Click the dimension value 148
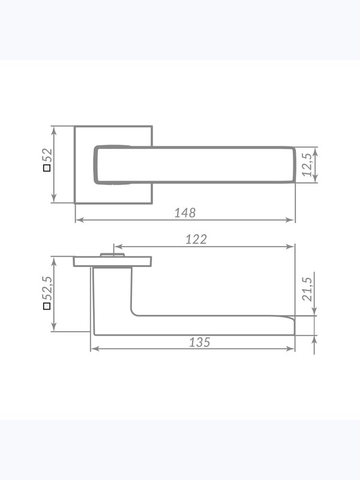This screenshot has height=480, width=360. [x=185, y=213]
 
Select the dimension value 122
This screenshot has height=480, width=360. [x=196, y=239]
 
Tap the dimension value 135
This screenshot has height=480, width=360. [x=200, y=342]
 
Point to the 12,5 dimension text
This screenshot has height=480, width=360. [x=307, y=164]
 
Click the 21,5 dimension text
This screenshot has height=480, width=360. [x=307, y=289]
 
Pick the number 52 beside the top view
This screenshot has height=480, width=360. [x=47, y=155]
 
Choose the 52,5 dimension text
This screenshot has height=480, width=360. [x=47, y=289]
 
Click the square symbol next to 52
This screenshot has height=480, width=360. [x=47, y=168]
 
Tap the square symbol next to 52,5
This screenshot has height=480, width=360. [x=47, y=306]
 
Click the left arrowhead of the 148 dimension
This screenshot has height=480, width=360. [x=79, y=220]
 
